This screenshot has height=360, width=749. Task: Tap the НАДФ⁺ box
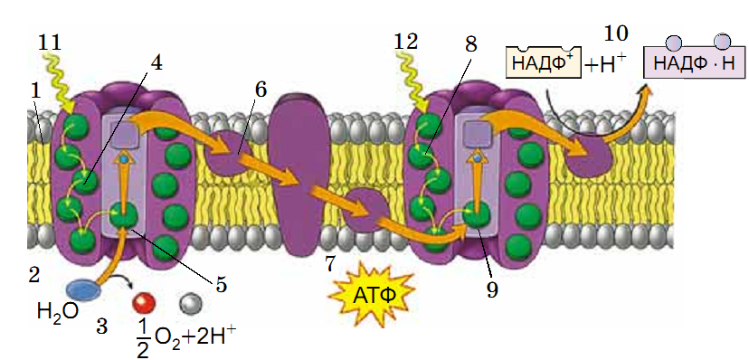(x=544, y=62)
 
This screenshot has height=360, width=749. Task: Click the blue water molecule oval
(x=83, y=289)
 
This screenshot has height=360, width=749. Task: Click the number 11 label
(x=49, y=43)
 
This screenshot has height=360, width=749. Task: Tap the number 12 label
(x=406, y=42)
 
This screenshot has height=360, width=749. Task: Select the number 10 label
(x=616, y=33)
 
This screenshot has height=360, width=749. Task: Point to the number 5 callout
(x=221, y=285)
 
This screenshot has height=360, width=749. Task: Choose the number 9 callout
(x=492, y=290)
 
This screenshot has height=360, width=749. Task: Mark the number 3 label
(x=101, y=327)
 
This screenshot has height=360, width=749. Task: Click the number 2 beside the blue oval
(x=33, y=275)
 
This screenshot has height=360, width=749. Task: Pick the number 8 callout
(x=470, y=44)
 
